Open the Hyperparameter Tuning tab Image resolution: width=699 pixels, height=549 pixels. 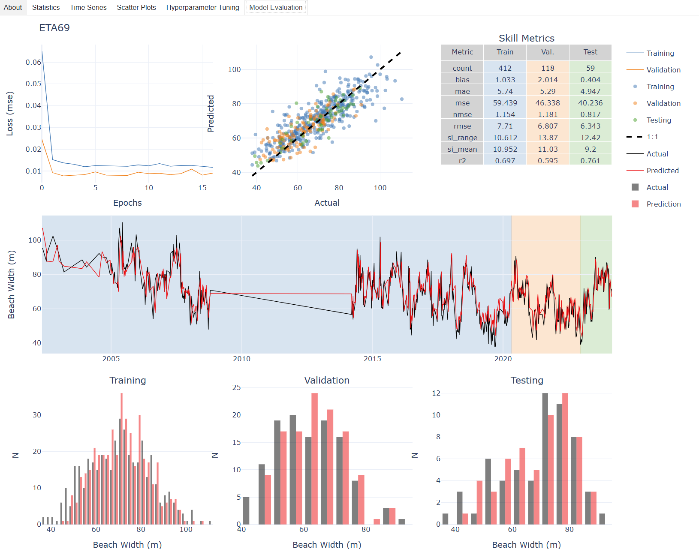click(202, 7)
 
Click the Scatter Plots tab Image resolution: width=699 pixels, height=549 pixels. click(136, 7)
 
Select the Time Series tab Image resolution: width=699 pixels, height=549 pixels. click(88, 7)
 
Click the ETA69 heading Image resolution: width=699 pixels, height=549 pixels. click(54, 28)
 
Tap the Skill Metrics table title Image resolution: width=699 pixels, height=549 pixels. click(526, 38)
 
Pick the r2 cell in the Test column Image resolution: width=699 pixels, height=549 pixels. click(590, 161)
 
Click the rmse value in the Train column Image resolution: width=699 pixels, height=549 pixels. click(505, 126)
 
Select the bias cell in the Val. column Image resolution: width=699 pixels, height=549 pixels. click(548, 80)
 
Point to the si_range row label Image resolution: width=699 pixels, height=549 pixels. click(462, 138)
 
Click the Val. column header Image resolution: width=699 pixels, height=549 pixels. click(548, 52)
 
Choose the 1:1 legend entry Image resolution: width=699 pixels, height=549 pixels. click(652, 137)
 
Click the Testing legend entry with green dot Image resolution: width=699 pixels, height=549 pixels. click(658, 120)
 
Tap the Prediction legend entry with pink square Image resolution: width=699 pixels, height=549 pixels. click(663, 204)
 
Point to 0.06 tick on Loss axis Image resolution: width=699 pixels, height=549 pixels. click(33, 62)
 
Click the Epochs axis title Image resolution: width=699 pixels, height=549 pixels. click(127, 203)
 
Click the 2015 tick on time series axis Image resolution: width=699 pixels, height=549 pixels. click(372, 359)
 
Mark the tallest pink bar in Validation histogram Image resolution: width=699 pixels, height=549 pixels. click(315, 459)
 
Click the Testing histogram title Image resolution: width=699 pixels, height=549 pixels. click(527, 380)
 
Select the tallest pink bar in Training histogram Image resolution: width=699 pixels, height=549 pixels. click(122, 459)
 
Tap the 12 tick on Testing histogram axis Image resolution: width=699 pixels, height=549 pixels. click(436, 393)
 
